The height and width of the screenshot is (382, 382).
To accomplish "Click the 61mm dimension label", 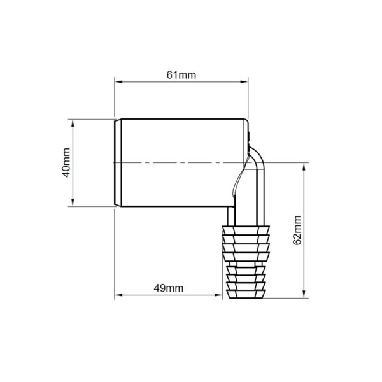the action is click(x=181, y=75).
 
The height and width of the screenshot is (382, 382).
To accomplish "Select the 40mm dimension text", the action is click(x=66, y=162).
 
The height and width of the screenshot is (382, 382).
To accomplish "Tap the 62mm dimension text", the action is click(x=297, y=230).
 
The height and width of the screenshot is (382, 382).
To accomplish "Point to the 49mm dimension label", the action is click(x=168, y=288).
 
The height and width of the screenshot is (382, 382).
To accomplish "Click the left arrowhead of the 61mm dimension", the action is click(x=118, y=82).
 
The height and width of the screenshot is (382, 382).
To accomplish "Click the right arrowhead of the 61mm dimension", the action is click(x=244, y=82).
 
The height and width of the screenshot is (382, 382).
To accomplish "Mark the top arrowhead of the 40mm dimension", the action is click(x=73, y=124).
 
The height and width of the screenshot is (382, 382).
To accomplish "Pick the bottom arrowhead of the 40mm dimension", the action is click(x=73, y=202).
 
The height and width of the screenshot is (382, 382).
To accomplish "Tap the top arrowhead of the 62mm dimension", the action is click(x=304, y=167).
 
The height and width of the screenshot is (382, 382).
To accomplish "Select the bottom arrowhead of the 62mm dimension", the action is click(x=304, y=294).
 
